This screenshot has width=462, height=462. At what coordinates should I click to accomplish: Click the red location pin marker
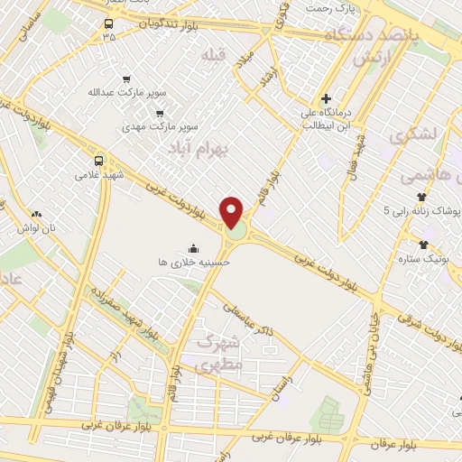click(x=233, y=212)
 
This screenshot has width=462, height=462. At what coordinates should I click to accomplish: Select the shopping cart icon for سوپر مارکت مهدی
click(x=160, y=114)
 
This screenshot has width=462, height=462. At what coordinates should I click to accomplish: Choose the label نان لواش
click(x=40, y=227)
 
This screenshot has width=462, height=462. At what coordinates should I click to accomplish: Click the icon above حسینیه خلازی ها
click(x=193, y=247)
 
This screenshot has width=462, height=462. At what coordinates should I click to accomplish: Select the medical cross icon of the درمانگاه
click(x=326, y=98)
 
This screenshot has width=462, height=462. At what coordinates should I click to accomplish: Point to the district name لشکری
click(x=413, y=134)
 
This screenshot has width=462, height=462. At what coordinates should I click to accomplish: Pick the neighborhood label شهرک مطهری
click(x=219, y=355)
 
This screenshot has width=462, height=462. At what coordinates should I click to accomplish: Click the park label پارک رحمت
click(x=326, y=8)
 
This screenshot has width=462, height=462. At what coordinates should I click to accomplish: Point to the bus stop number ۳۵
click(x=108, y=38)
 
